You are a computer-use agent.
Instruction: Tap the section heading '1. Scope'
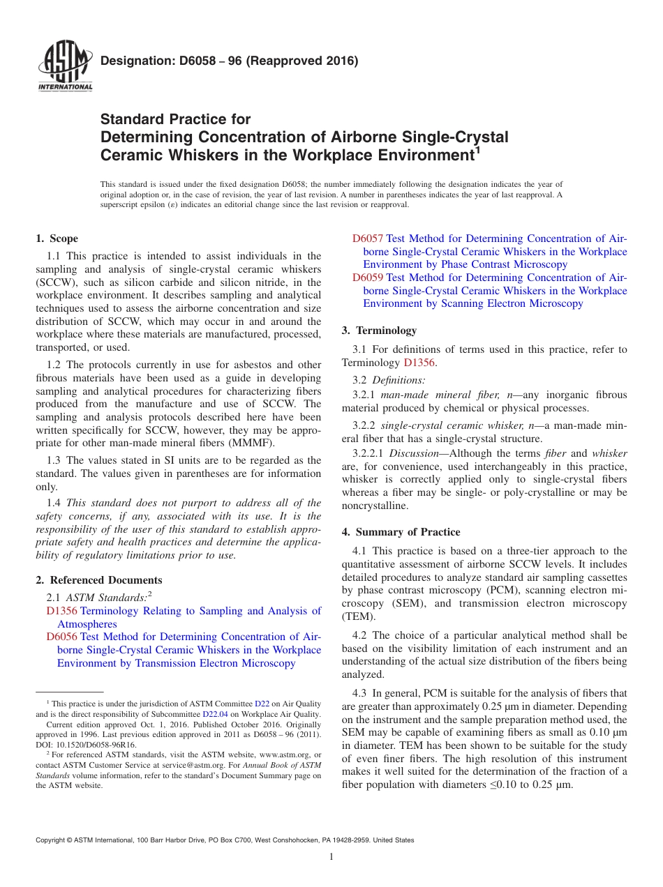pyautogui.click(x=57, y=238)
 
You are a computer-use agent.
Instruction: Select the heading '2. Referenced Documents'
pyautogui.click(x=99, y=580)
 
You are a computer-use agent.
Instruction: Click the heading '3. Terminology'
pyautogui.click(x=379, y=331)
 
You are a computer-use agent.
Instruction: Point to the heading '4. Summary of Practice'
pyautogui.click(x=401, y=532)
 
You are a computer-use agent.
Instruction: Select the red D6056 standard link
pyautogui.click(x=61, y=637)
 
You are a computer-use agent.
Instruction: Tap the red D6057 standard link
pyautogui.click(x=367, y=238)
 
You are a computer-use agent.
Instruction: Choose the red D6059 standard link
pyautogui.click(x=367, y=278)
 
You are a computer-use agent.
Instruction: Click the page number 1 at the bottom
pyautogui.click(x=331, y=856)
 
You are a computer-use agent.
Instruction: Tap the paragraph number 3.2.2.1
pyautogui.click(x=371, y=454)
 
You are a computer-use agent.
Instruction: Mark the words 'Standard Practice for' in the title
pyautogui.click(x=175, y=119)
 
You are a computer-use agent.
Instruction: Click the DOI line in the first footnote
pyautogui.click(x=86, y=744)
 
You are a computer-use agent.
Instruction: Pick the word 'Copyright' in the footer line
pyautogui.click(x=52, y=840)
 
